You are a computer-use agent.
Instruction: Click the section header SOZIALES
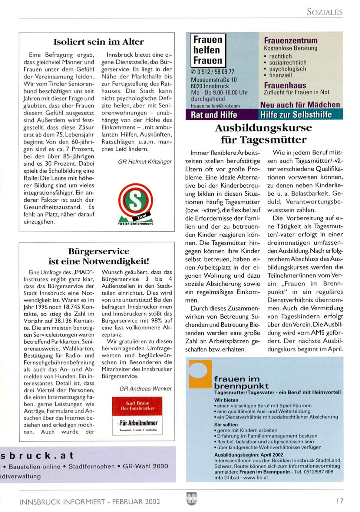tap(324, 12)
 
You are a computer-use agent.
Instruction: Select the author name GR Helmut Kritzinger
tap(145, 162)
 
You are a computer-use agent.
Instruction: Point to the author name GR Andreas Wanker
tap(145, 388)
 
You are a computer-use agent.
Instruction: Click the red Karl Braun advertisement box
tap(137, 416)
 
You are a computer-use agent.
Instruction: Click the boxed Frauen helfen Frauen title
tap(208, 50)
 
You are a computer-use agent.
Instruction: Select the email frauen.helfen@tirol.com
tap(215, 106)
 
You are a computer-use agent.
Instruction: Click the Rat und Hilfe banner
tap(214, 115)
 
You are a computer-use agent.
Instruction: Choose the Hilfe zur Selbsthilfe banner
tap(296, 115)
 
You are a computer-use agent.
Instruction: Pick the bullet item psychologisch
tap(287, 69)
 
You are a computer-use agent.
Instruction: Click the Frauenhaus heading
tap(285, 85)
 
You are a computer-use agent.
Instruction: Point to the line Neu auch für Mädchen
tap(300, 105)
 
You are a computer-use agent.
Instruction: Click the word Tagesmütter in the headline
tap(273, 140)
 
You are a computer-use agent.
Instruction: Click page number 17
tap(340, 501)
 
